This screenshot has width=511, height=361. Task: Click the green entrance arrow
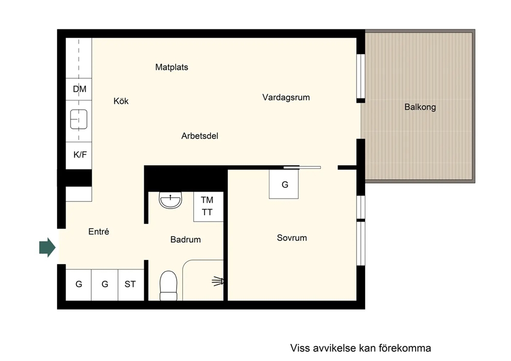point(47,247)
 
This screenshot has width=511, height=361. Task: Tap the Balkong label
point(420,107)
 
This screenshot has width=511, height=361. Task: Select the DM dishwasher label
point(79,89)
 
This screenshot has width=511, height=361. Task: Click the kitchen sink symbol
point(79,119)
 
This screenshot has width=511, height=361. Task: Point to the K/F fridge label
point(80,154)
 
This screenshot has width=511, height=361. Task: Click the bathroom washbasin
point(170,200)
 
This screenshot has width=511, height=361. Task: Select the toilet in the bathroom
point(168,286)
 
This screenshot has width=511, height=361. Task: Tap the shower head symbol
point(218,281)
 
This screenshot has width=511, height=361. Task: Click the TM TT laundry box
point(208,207)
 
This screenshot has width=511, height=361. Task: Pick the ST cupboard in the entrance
point(131,285)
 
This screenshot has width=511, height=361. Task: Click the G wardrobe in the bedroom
point(283,184)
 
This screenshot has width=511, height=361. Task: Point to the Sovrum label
point(292,238)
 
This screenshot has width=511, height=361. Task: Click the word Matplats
point(172,67)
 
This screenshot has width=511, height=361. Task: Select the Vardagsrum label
point(286,97)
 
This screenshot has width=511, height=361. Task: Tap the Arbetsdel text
point(199,136)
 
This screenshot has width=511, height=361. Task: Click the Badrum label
point(185,240)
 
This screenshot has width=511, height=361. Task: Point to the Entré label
point(98,232)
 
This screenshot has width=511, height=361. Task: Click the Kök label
point(121,101)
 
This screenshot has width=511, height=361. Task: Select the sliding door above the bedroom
point(302,167)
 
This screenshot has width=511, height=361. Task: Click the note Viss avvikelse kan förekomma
point(361,348)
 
